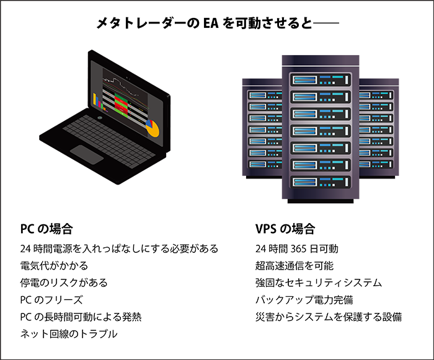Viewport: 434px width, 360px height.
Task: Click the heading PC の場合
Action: click(46, 229)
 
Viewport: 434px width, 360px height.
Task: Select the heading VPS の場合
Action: click(285, 229)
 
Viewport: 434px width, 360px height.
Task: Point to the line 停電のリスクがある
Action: click(64, 283)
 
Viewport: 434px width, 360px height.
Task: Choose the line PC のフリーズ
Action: click(51, 300)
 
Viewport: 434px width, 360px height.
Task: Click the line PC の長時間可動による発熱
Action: click(81, 317)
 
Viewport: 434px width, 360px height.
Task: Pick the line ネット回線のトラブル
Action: click(69, 335)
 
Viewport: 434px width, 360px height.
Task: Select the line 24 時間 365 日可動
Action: click(296, 248)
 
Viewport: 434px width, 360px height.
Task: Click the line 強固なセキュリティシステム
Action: click(319, 283)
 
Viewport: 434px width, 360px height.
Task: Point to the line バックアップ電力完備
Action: click(304, 300)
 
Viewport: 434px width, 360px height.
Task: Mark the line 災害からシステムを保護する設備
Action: click(329, 317)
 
